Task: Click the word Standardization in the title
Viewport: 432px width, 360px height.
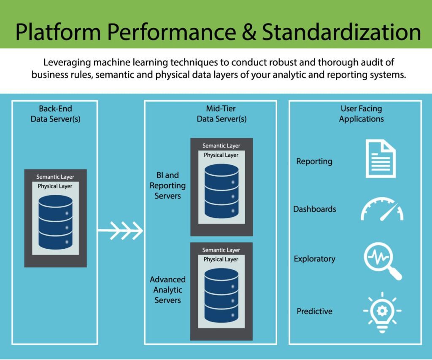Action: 341,32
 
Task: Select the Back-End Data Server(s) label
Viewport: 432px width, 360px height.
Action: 55,114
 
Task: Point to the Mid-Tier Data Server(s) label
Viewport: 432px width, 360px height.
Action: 221,114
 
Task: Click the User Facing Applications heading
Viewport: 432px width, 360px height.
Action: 361,114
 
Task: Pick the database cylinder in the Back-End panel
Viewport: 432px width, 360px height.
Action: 55,222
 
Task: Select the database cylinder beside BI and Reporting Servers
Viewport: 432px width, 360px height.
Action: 221,191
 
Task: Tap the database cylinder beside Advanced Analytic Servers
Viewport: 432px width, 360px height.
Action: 221,296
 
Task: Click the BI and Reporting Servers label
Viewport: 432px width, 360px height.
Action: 167,185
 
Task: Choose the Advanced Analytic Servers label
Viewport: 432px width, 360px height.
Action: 167,290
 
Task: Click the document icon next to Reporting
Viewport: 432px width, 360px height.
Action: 380,159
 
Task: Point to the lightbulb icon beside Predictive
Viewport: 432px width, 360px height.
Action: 382,312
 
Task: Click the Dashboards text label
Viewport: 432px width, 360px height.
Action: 315,209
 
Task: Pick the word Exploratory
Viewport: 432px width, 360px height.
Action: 315,259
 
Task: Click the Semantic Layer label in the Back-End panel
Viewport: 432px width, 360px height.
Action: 55,177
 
